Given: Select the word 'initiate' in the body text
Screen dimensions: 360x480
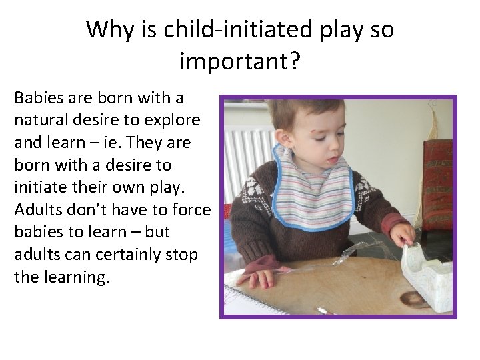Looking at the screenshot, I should (x=39, y=187).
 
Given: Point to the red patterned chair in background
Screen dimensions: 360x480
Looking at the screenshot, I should (x=437, y=180).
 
